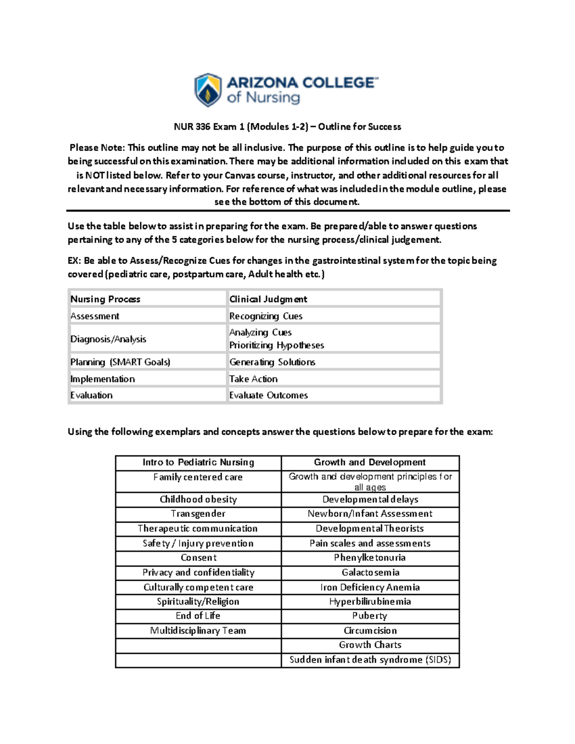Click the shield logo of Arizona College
[207, 90]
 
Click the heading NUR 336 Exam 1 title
[287, 127]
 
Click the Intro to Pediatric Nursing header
[198, 462]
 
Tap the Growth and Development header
[370, 462]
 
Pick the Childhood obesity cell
[198, 499]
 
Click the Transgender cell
[198, 514]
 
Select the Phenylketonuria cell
[370, 558]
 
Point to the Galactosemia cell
[370, 572]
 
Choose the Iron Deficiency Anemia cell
[370, 587]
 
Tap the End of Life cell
[198, 616]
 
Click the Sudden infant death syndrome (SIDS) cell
[370, 660]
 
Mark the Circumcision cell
[370, 630]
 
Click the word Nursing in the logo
[273, 98]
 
